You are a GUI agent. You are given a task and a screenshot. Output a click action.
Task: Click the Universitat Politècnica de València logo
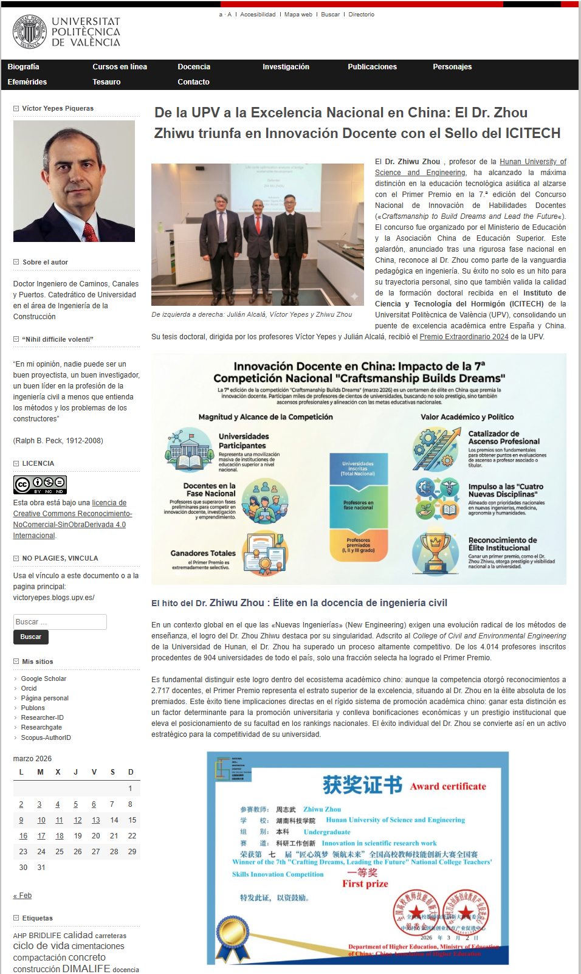point(67,32)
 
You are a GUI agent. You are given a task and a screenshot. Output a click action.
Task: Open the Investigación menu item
point(286,67)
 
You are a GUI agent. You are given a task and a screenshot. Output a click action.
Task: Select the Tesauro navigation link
point(106,82)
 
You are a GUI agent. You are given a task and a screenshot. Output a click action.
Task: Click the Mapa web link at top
point(298,15)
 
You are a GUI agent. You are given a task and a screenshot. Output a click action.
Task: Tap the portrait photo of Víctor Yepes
point(74,181)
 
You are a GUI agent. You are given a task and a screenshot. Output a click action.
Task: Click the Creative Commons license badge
point(40,485)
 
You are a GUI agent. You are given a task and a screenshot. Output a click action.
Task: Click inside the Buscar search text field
point(60,622)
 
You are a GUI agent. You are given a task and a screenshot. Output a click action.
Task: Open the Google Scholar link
point(44,679)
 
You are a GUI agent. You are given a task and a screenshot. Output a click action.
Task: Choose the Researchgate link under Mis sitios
point(41,727)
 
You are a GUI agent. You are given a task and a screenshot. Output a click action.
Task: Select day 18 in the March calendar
point(60,836)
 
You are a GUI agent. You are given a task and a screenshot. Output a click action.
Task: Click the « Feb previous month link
point(22,896)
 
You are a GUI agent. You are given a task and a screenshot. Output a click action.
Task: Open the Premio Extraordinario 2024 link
point(464,337)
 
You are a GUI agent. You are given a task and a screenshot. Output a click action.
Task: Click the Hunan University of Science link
point(532,162)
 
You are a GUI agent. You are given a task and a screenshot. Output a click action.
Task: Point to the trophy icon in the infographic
point(436,552)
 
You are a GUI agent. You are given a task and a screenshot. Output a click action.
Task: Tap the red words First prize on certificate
point(365,884)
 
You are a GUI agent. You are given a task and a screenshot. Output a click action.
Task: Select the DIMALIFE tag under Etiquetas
point(86,969)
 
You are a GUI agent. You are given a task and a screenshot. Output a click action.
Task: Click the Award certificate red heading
point(448,786)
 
